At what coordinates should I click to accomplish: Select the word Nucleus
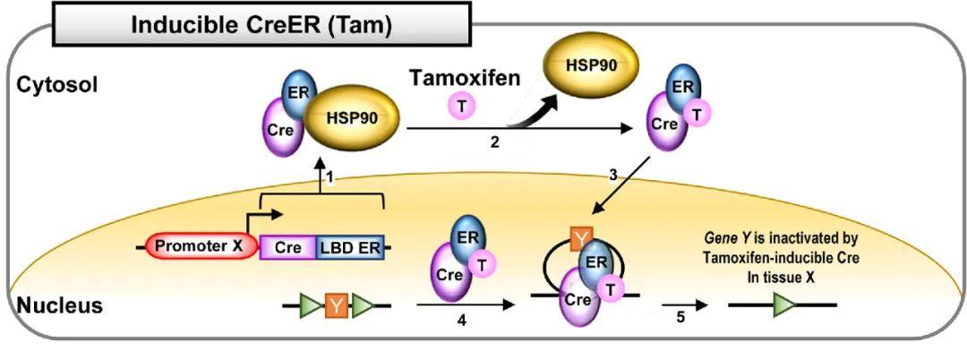[59, 306]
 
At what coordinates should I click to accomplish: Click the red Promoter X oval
[203, 244]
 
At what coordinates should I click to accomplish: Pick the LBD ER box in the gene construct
[351, 245]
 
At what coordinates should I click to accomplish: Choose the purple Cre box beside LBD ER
[287, 245]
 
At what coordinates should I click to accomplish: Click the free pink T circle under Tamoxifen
[461, 107]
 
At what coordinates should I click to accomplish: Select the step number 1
[330, 178]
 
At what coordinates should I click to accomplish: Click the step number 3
[614, 175]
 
